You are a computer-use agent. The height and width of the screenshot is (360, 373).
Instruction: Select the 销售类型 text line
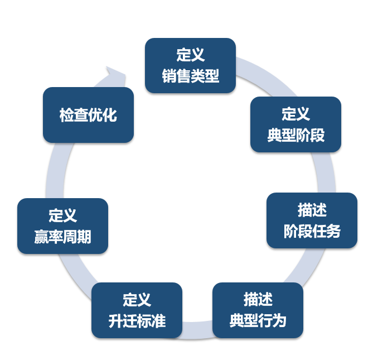(191, 75)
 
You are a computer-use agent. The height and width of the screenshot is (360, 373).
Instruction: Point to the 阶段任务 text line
(312, 231)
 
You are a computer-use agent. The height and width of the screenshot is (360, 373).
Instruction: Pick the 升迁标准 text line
(137, 321)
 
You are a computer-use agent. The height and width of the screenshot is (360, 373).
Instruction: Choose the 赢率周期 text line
(62, 237)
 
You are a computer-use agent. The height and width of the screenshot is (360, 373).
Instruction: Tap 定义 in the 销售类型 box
(191, 55)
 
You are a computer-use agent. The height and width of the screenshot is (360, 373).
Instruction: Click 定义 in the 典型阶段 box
(296, 114)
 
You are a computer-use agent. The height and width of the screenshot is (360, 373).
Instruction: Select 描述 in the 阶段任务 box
(312, 210)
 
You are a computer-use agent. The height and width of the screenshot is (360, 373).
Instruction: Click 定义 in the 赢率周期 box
(62, 216)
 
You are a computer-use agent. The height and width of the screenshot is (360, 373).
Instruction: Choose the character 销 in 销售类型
(169, 75)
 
